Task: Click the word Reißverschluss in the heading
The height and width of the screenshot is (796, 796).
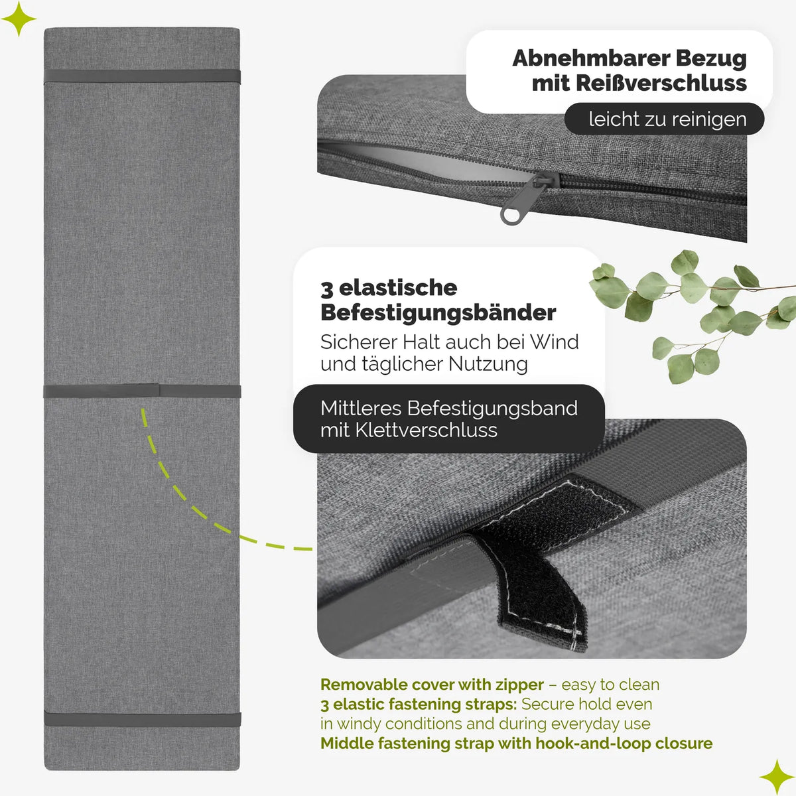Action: [661, 83]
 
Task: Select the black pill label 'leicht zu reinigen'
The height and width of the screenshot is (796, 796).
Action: [664, 119]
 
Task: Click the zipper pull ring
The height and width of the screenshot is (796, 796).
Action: [512, 215]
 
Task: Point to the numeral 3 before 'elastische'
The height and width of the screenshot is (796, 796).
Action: [327, 289]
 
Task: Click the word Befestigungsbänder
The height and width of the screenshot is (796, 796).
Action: [438, 312]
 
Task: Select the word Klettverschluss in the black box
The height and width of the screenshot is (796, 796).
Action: [427, 431]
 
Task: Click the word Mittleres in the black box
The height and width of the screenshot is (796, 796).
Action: [361, 409]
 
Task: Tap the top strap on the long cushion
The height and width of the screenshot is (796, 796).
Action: [142, 76]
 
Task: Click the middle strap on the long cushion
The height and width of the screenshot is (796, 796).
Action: [142, 391]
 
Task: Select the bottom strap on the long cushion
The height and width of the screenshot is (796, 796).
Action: [143, 719]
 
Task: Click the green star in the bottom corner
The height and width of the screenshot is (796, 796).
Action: [777, 777]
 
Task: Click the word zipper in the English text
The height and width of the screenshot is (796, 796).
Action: [519, 685]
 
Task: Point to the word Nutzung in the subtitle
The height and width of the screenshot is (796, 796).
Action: [488, 364]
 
